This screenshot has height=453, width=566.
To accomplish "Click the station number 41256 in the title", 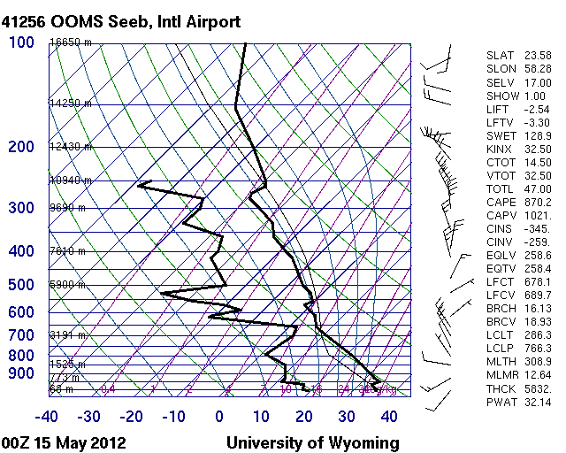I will (x=26, y=19).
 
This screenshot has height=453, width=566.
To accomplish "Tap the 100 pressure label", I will (x=21, y=42).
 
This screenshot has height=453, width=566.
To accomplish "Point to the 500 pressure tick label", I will (x=21, y=285).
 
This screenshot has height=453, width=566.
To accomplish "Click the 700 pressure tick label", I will (x=21, y=335).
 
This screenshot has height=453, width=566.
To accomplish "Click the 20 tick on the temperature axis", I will (x=304, y=417).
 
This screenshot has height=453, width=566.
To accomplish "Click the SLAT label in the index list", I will (x=500, y=56).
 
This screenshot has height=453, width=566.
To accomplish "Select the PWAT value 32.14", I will (x=536, y=402).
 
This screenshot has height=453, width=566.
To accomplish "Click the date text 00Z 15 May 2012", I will (x=64, y=442).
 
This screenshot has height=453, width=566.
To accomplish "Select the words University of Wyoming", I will (x=312, y=442).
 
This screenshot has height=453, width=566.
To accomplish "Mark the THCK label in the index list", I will (x=500, y=388).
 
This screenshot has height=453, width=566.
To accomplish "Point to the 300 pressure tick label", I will (x=21, y=208).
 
